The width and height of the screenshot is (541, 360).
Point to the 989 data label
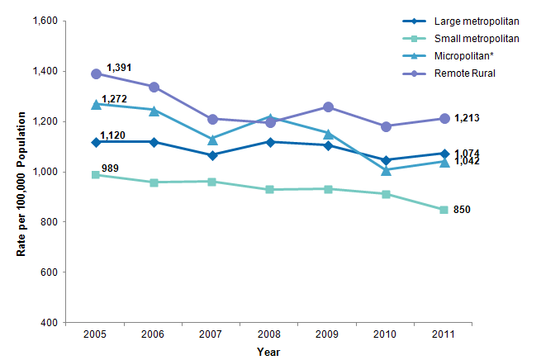(x=110, y=168)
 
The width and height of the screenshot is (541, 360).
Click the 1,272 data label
(x=114, y=99)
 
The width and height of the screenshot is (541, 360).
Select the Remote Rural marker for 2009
(x=328, y=107)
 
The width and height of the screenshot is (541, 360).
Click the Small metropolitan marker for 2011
(x=444, y=210)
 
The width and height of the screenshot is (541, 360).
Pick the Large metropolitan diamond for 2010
(x=386, y=160)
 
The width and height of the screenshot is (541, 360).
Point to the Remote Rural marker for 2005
(x=97, y=74)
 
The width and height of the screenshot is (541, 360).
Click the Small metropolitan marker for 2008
(x=270, y=190)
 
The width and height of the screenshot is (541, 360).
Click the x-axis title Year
(x=268, y=352)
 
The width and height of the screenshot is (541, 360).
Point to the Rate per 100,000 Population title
(x=21, y=171)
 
